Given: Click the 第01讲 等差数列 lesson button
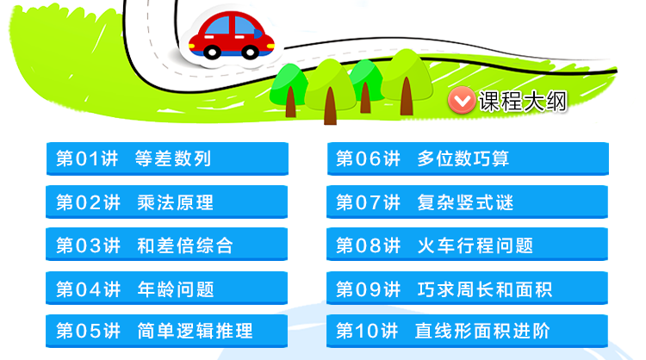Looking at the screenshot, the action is (167, 158).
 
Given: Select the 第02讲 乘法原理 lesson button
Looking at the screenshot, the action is (166, 202).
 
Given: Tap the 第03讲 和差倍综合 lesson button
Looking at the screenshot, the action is (166, 245).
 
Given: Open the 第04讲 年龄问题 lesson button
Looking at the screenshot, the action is (166, 288).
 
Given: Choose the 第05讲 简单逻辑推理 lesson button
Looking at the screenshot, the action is (166, 332).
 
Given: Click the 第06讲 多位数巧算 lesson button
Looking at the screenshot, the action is (468, 158).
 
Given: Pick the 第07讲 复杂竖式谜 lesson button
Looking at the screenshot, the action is (467, 202).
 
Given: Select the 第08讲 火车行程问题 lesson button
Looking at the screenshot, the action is (467, 245).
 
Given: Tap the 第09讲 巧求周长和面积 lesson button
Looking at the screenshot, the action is (467, 288).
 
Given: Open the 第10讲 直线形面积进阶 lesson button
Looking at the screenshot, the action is (467, 332).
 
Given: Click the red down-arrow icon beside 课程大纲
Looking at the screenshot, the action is (462, 100).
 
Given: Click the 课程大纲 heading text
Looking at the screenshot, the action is (523, 102).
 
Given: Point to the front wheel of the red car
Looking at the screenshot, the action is (250, 53).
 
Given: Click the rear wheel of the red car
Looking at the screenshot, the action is (212, 53).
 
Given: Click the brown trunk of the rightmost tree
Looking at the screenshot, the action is (407, 96).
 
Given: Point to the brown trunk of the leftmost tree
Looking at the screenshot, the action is (291, 102).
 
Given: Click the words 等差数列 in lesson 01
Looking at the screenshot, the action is (173, 158).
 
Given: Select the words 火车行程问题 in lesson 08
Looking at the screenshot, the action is (475, 245).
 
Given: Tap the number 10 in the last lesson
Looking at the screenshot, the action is (367, 331).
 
